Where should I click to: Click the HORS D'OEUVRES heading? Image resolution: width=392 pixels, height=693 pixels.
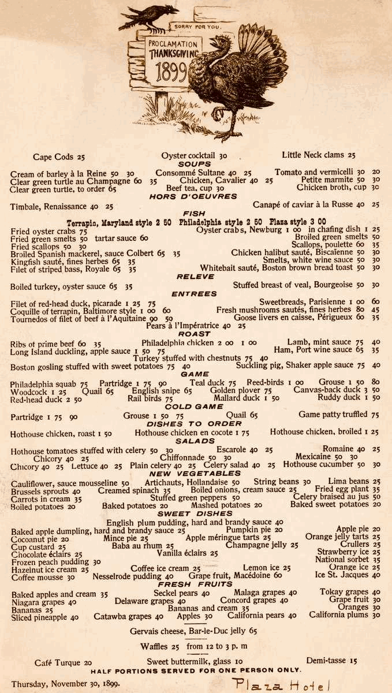tap(193, 196)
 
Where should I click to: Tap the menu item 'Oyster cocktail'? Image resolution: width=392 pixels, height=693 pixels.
tap(194, 155)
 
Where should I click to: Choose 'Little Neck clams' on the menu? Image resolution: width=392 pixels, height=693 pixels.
tap(318, 155)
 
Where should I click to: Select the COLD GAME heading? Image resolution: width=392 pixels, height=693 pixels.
tap(194, 407)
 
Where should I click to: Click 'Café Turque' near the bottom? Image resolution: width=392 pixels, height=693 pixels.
tap(64, 662)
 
